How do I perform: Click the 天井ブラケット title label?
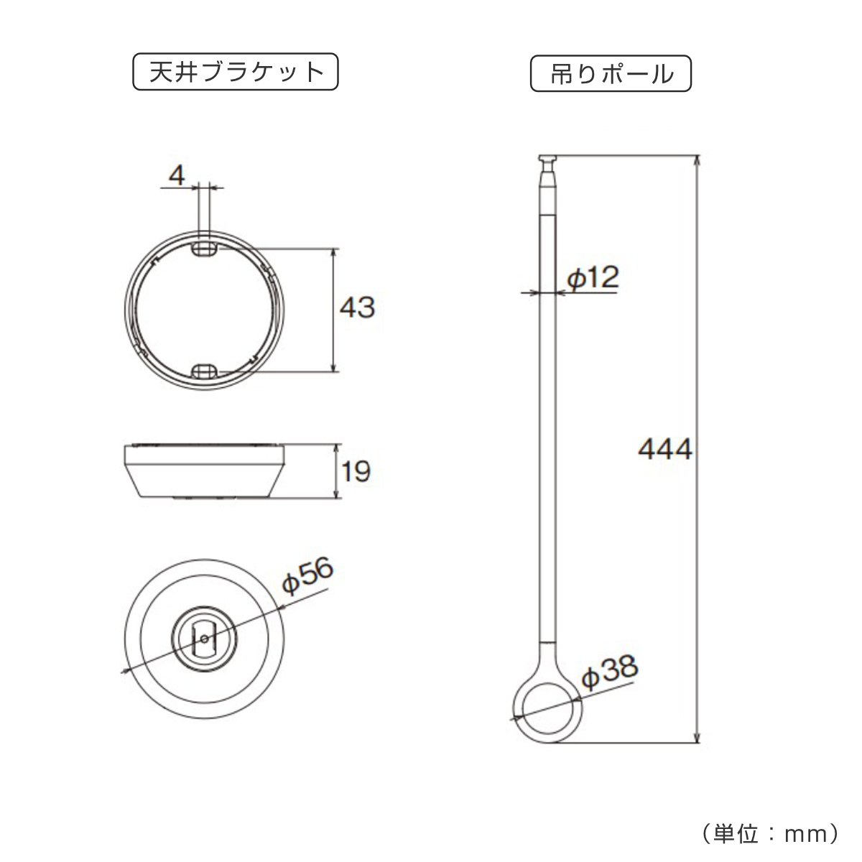(235, 73)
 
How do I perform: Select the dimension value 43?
(357, 308)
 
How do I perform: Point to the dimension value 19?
(356, 472)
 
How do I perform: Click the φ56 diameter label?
(307, 578)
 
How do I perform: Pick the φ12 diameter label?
(591, 277)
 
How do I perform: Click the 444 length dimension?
(664, 450)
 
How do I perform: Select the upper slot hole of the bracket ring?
(205, 249)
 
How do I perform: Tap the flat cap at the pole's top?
(548, 158)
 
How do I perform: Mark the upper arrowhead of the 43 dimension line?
(334, 254)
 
